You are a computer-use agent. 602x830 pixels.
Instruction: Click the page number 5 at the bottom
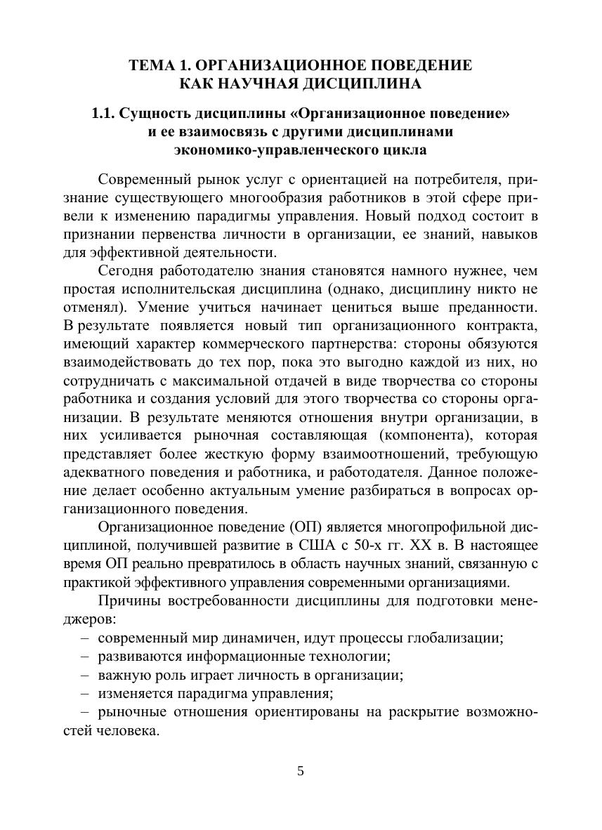coord(301,771)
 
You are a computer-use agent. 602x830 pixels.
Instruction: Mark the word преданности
coord(497,307)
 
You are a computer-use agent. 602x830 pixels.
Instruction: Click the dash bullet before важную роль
coord(85,676)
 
